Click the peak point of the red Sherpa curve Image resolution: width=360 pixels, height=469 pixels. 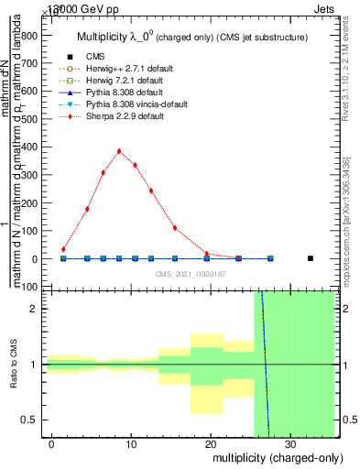[x=119, y=151]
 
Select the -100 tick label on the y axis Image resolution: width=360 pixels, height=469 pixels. [x=30, y=287]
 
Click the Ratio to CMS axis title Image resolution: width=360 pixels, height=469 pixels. [x=14, y=365]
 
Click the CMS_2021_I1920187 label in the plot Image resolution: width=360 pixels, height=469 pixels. [x=191, y=274]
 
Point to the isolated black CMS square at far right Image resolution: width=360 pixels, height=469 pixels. [x=311, y=258]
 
